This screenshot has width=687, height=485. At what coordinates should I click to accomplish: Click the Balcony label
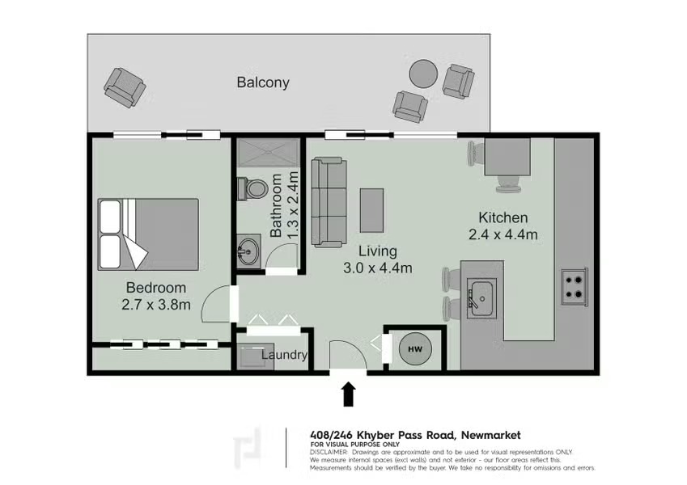click(263, 82)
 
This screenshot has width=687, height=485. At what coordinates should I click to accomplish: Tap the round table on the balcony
click(423, 74)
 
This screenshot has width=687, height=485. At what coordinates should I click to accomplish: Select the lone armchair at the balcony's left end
click(125, 87)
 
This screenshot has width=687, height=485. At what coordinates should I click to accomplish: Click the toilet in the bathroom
click(252, 188)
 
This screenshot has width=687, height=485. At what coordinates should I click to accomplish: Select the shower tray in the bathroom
click(269, 152)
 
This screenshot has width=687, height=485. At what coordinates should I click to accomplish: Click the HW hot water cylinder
click(415, 349)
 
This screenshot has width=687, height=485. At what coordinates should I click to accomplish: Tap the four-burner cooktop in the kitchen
click(575, 287)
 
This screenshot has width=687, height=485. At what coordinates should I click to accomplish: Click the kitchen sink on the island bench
click(481, 298)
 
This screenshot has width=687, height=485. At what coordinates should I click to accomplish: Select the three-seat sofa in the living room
click(329, 202)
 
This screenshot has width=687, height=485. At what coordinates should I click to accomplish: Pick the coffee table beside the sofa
click(371, 210)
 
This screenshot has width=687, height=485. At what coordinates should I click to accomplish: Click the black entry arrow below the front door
click(348, 394)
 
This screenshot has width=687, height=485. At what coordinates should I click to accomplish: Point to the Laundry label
click(284, 355)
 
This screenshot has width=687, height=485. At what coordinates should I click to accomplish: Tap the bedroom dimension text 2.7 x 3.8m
click(156, 305)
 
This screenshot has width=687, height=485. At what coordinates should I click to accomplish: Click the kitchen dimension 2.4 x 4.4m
click(503, 234)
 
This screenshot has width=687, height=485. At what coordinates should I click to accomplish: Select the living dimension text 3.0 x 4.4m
click(378, 268)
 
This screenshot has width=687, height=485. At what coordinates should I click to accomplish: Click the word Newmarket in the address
click(491, 435)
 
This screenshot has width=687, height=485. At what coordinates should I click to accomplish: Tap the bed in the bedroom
click(148, 234)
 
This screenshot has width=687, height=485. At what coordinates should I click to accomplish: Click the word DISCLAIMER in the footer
click(329, 452)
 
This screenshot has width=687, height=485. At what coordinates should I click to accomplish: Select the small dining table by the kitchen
click(507, 157)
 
